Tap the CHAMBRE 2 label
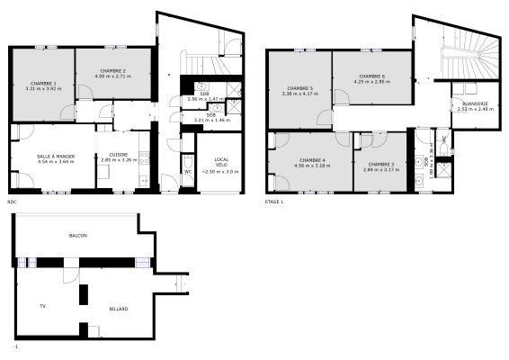tap(112, 70)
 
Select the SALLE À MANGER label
tap(56, 155)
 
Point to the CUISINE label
tap(119, 155)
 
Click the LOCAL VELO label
tap(221, 162)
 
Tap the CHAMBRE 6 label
tap(371, 76)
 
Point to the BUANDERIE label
tap(473, 103)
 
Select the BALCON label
tap(78, 236)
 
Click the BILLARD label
tap(119, 310)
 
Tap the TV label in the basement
tap(42, 306)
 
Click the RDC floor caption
tap(12, 202)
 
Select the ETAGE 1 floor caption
tap(274, 202)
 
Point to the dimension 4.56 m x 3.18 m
tap(310, 166)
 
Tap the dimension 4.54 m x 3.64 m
tap(56, 160)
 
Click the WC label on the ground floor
tap(188, 171)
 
